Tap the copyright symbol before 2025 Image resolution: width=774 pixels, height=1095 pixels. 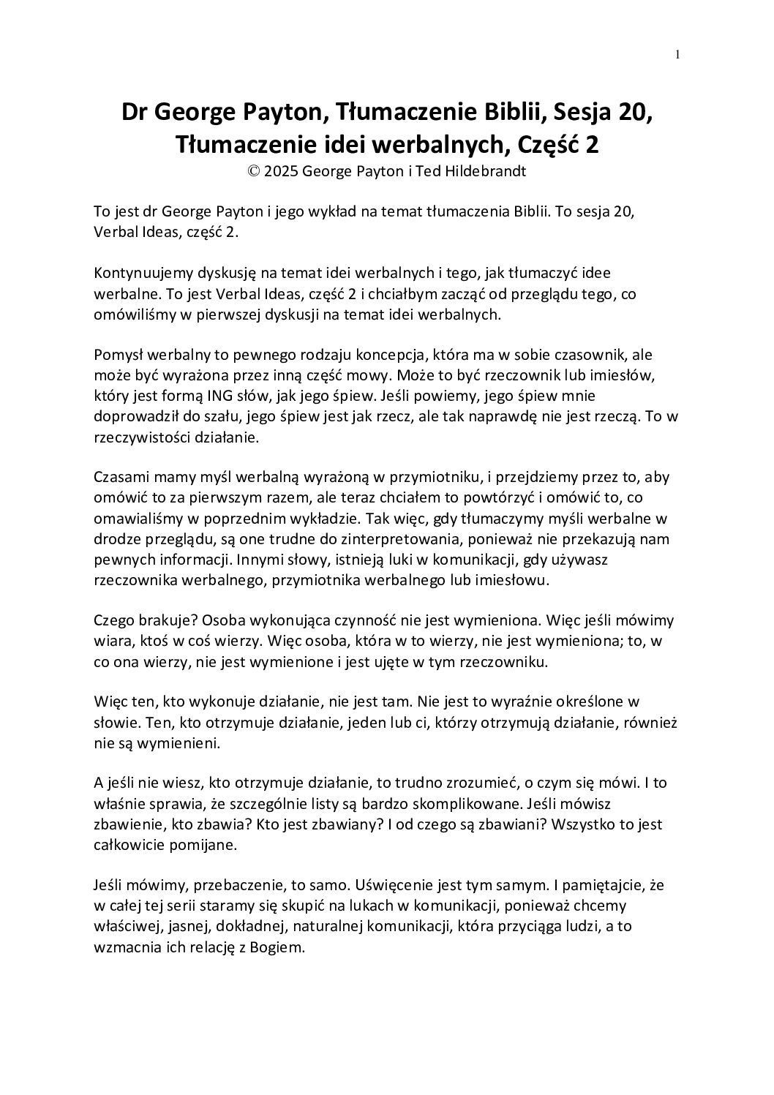tap(254, 172)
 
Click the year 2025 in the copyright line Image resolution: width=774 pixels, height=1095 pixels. tap(282, 172)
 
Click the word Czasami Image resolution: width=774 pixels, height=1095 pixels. tap(121, 478)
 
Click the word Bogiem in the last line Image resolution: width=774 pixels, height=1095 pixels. tap(276, 947)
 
